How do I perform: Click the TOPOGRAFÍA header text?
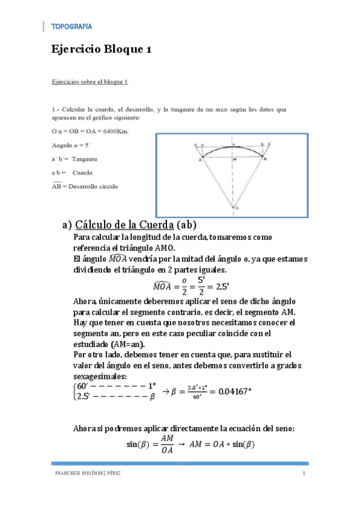[x=72, y=26]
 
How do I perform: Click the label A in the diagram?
[x=200, y=160]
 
